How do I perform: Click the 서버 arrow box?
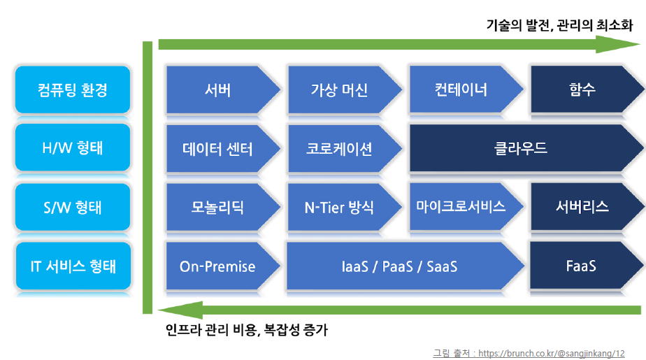(x=218, y=90)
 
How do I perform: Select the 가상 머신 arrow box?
(x=339, y=90)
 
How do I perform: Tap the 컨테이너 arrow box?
(x=461, y=90)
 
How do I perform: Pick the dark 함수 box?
(x=582, y=90)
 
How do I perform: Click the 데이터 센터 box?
(x=218, y=149)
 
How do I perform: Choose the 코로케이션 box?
(x=339, y=149)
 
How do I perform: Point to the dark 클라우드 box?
(x=521, y=149)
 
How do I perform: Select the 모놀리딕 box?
(x=218, y=208)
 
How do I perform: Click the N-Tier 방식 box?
(x=339, y=208)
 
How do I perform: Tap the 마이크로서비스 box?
(x=461, y=207)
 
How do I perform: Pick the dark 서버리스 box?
(x=582, y=207)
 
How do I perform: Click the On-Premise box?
(x=218, y=266)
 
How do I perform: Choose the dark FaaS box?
(x=582, y=266)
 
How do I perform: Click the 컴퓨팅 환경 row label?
(x=73, y=90)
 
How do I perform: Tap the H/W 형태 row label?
(x=73, y=149)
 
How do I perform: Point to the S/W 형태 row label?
(x=73, y=208)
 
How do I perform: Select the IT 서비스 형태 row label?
(x=73, y=266)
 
